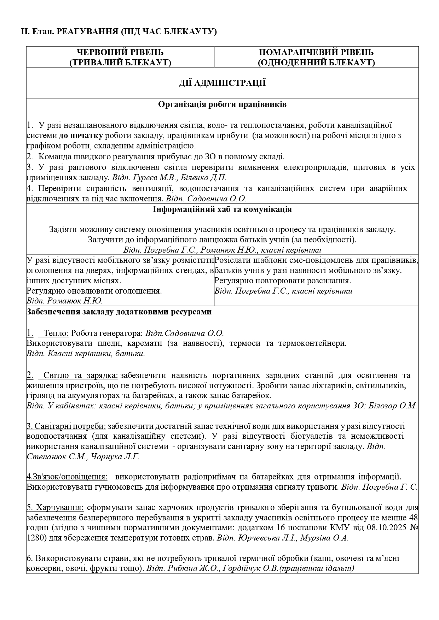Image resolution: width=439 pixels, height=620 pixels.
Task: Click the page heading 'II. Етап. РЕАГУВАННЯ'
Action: [119, 32]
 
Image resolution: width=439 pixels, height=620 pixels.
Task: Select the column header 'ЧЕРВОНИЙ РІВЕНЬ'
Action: [120, 52]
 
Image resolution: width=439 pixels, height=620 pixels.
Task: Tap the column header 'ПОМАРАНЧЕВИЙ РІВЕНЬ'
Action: [316, 52]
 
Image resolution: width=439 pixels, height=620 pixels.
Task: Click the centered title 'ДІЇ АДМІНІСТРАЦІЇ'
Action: [222, 83]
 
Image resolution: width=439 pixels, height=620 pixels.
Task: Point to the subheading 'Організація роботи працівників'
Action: [222, 105]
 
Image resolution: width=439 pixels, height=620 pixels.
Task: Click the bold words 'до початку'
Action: [81, 135]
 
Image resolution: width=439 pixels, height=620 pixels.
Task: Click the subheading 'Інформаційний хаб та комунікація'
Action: [222, 209]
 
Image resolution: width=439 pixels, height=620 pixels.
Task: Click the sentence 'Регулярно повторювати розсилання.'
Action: [283, 281]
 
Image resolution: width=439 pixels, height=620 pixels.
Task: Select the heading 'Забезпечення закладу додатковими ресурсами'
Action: [119, 312]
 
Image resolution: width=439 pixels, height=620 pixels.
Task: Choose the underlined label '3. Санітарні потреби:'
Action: [66, 426]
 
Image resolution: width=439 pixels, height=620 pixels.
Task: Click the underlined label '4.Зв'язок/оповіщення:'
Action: [67, 477]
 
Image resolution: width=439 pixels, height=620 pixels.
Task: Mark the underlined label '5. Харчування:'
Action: [55, 508]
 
